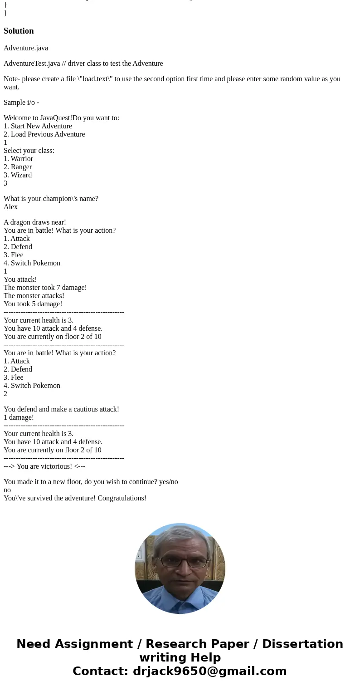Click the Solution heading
[19, 31]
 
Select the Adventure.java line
[26, 48]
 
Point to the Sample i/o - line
[21, 103]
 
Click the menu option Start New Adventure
[41, 126]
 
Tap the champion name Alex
[11, 207]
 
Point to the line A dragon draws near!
[35, 222]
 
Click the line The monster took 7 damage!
[45, 288]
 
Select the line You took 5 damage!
[33, 304]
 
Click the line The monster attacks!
[34, 296]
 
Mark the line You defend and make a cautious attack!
[61, 409]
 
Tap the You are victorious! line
[44, 466]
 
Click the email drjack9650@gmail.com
[209, 671]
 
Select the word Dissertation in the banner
[302, 644]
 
